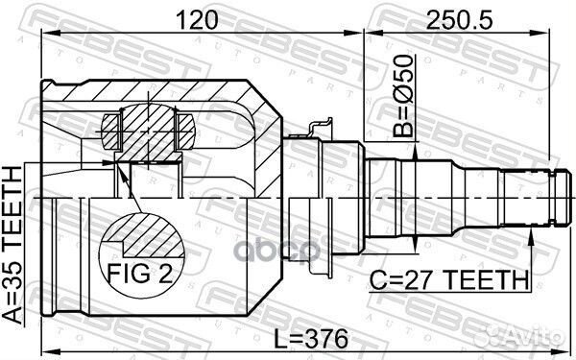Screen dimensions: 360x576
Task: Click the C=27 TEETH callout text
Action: (450, 280)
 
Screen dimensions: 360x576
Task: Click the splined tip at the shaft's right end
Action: (541, 197)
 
